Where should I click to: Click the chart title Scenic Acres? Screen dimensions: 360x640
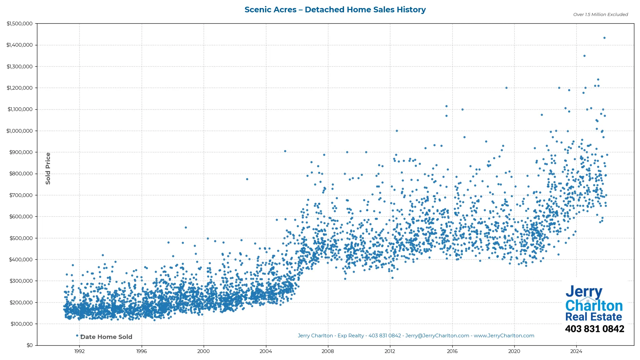click(x=335, y=10)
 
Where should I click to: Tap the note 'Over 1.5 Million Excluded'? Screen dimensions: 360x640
click(x=600, y=15)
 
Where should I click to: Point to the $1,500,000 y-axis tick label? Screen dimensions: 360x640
click(x=20, y=24)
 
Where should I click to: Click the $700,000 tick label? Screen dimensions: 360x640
click(x=21, y=195)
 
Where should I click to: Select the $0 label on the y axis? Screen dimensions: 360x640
click(x=30, y=345)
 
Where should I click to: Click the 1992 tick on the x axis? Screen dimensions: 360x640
click(x=79, y=351)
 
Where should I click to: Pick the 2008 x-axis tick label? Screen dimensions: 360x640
click(x=328, y=351)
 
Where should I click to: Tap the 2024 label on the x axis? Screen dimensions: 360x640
click(x=576, y=351)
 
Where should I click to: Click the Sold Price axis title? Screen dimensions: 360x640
click(x=48, y=168)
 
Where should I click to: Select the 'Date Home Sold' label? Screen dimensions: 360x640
click(x=106, y=337)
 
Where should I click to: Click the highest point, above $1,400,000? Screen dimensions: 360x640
click(x=604, y=38)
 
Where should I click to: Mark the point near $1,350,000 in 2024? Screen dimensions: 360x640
click(x=584, y=56)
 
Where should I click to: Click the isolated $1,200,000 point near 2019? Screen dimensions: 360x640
click(x=506, y=88)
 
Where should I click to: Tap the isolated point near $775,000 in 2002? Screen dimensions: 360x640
click(x=247, y=179)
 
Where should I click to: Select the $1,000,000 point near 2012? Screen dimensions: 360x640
click(x=397, y=131)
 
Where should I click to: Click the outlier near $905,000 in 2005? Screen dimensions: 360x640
click(x=285, y=151)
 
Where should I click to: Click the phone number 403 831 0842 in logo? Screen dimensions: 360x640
click(x=594, y=329)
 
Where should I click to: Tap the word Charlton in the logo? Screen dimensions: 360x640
click(x=594, y=306)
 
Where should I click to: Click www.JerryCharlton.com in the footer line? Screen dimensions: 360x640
click(x=504, y=336)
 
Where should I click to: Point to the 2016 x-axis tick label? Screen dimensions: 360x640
click(x=452, y=351)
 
